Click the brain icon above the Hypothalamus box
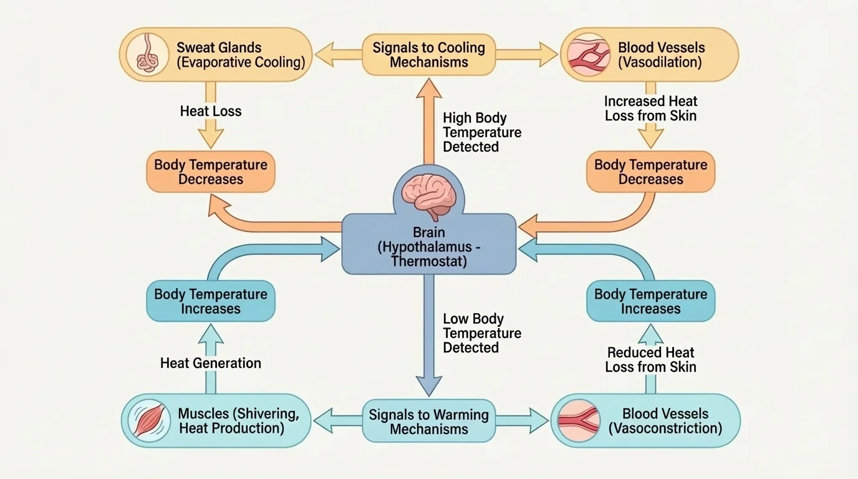(428, 191)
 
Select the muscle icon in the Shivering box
(149, 420)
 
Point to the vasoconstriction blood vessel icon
(579, 420)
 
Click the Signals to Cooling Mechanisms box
(428, 55)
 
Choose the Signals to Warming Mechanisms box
(428, 422)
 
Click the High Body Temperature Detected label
(481, 132)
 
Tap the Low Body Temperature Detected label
(481, 333)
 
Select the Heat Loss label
(210, 112)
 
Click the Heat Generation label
(210, 363)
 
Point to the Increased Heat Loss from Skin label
(650, 109)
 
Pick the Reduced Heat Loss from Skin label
(650, 360)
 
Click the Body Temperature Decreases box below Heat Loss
(210, 172)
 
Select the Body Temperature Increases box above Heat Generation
(210, 301)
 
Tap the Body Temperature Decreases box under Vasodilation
(650, 172)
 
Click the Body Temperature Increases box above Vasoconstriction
(650, 301)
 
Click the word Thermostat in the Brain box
(428, 261)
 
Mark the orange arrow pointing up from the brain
(428, 125)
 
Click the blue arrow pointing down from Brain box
(428, 337)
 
